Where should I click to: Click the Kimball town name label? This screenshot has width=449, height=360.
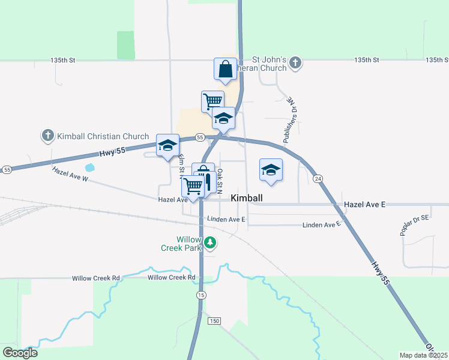pyautogui.click(x=247, y=197)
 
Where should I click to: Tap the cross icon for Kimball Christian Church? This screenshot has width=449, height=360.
pyautogui.click(x=48, y=136)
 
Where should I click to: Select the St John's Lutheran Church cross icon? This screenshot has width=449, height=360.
pyautogui.click(x=295, y=62)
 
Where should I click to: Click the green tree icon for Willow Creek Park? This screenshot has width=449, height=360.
pyautogui.click(x=210, y=242)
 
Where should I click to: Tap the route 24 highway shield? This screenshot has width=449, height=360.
pyautogui.click(x=318, y=179)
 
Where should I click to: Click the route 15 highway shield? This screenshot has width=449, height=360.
pyautogui.click(x=200, y=295)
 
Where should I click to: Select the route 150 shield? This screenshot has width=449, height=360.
pyautogui.click(x=214, y=321)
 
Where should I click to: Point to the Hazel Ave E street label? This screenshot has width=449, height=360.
pyautogui.click(x=364, y=205)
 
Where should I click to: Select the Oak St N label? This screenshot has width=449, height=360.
pyautogui.click(x=220, y=180)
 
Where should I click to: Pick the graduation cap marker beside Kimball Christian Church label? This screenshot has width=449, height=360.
pyautogui.click(x=167, y=145)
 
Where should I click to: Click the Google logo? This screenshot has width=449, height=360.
pyautogui.click(x=20, y=352)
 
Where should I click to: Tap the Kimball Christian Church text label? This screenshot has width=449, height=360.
pyautogui.click(x=103, y=136)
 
